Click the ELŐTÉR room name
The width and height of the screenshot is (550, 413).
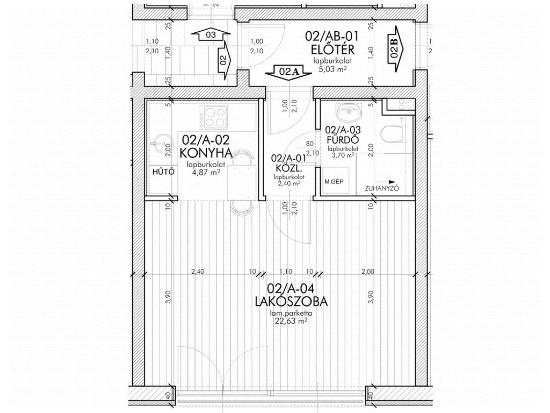click(333, 50)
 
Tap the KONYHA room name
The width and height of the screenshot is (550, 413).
click(206, 153)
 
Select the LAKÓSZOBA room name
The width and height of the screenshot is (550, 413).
click(291, 302)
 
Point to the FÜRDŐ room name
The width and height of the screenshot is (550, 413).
click(343, 140)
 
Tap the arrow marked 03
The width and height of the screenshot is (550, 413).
click(211, 34)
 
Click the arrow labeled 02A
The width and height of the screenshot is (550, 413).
click(289, 72)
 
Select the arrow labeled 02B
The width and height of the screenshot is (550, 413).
click(396, 49)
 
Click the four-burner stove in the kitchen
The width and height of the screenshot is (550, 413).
click(213, 117)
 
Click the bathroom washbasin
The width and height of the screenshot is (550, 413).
click(349, 112)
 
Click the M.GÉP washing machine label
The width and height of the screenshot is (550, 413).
click(334, 182)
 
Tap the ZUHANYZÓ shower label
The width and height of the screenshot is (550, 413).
click(382, 188)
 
